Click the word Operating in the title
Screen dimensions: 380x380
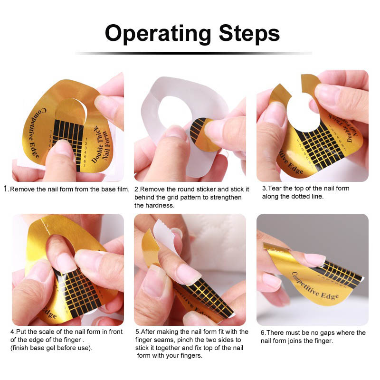click(x=158, y=34)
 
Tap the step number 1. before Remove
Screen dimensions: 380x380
click(x=6, y=189)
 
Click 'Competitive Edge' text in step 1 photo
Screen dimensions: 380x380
click(x=37, y=133)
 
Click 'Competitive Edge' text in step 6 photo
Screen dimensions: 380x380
click(x=315, y=286)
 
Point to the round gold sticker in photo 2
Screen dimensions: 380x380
click(x=204, y=135)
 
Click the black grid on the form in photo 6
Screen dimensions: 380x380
click(x=339, y=275)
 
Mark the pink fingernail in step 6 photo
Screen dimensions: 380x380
click(x=314, y=259)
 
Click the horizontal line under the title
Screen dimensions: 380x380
click(x=193, y=53)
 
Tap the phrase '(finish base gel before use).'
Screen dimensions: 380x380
click(x=51, y=348)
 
